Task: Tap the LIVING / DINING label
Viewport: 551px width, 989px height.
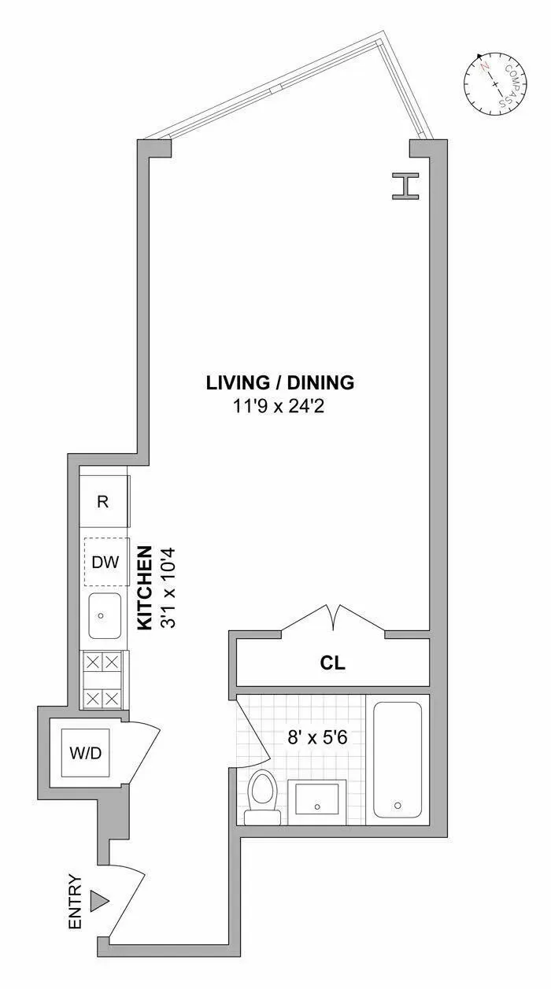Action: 280,383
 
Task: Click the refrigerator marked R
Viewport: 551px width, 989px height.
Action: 104,502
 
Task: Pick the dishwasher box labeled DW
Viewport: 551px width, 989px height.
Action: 105,562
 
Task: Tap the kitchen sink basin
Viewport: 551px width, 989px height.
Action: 104,615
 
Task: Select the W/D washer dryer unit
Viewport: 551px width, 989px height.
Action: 86,753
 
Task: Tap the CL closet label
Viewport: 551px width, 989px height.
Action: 333,662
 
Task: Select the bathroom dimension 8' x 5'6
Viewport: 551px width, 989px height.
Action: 316,739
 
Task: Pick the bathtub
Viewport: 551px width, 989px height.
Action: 398,760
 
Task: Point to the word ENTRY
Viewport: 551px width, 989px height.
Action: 76,902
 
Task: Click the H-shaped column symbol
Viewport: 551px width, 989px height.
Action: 405,186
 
